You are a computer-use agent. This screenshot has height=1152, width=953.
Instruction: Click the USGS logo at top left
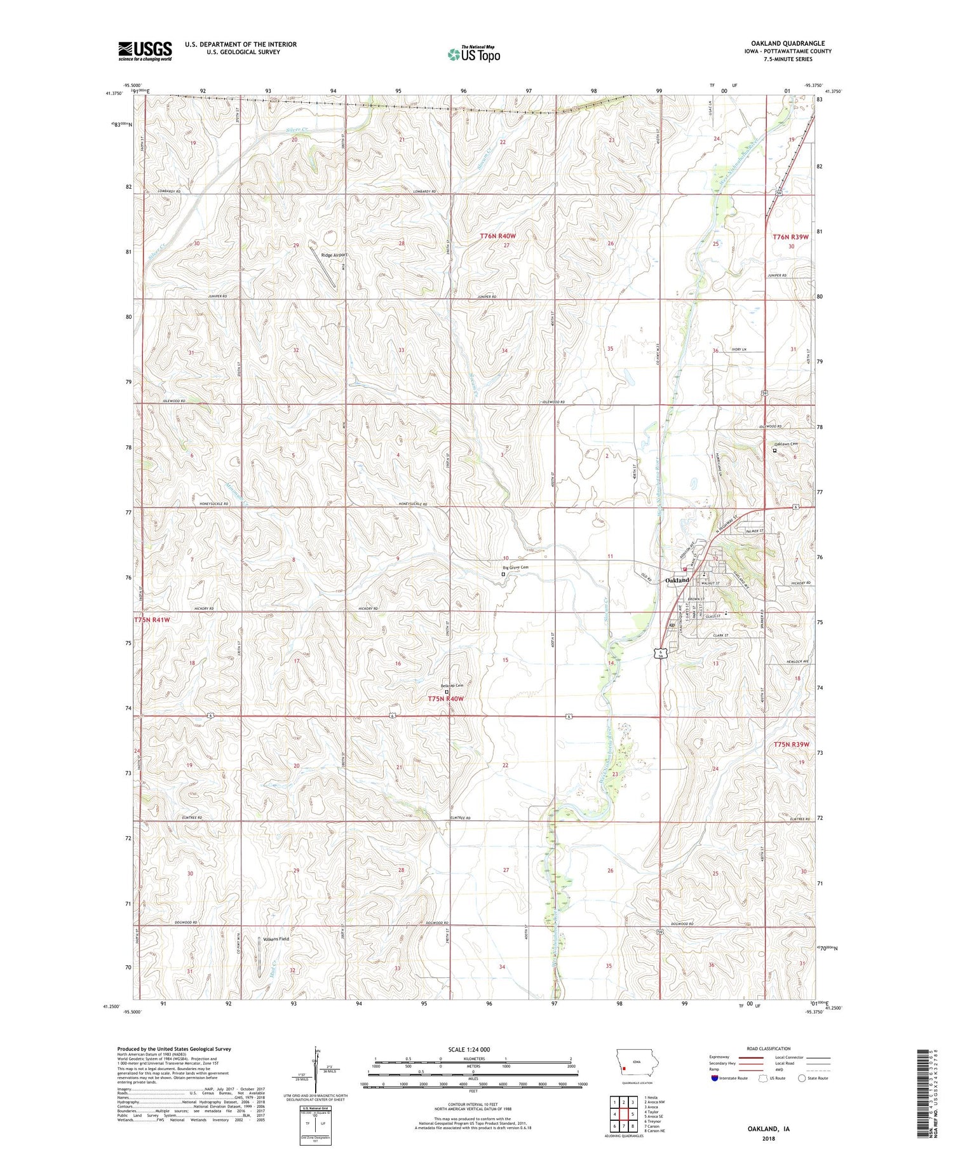coord(145,51)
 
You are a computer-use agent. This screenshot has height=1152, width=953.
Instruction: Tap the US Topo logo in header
coord(473,55)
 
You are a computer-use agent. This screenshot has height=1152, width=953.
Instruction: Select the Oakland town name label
coord(677,580)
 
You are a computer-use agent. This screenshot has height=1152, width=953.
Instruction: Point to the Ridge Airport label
coord(334,255)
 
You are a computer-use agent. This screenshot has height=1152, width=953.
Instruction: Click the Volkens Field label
coord(276,939)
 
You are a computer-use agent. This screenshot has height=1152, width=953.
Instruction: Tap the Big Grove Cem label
coord(516,567)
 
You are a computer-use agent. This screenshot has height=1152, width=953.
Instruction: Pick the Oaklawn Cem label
coord(785,444)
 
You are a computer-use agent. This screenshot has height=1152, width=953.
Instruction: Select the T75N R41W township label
coord(152,619)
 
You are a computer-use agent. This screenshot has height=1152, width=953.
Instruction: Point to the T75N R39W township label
coord(791,744)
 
